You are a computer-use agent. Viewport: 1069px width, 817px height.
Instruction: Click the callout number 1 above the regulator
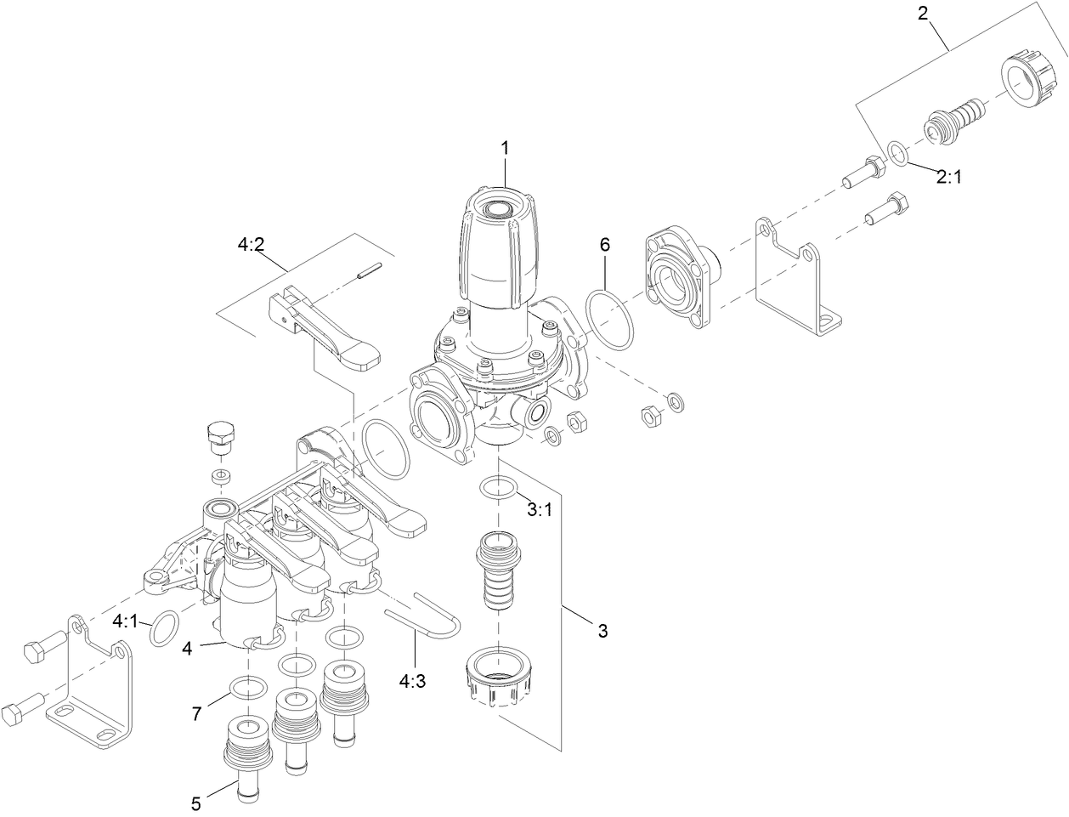tap(504, 147)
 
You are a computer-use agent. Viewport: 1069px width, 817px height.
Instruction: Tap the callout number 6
tap(604, 245)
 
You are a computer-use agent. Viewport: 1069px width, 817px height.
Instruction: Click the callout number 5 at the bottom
tap(195, 803)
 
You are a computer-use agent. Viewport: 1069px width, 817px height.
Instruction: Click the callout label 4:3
tap(413, 679)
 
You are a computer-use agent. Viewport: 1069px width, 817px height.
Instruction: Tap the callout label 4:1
tap(125, 621)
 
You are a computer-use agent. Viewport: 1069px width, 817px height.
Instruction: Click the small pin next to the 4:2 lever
tap(368, 272)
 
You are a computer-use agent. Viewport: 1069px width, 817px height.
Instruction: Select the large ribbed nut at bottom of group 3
tap(500, 675)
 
